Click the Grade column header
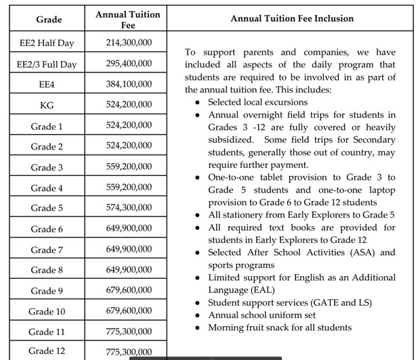[49, 20]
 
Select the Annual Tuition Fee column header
[129, 19]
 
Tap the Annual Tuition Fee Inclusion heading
[292, 19]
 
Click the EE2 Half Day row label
[47, 43]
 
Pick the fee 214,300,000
[129, 43]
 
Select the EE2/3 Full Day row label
[47, 64]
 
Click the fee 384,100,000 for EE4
[129, 85]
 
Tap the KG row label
[47, 106]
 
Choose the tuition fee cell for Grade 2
[129, 145]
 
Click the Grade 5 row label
[47, 208]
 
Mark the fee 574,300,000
[129, 207]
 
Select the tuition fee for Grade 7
[129, 249]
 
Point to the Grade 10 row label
[47, 311]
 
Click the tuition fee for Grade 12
[129, 352]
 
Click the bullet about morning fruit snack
[280, 328]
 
